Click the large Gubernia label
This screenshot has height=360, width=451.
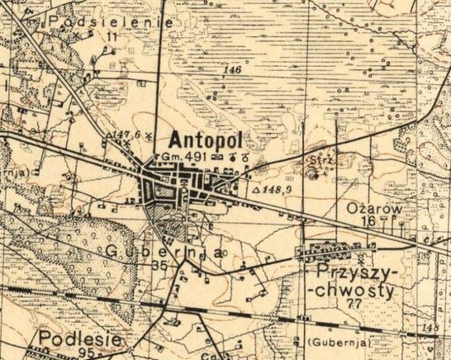tap(164, 252)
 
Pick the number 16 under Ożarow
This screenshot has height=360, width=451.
tap(368, 223)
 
